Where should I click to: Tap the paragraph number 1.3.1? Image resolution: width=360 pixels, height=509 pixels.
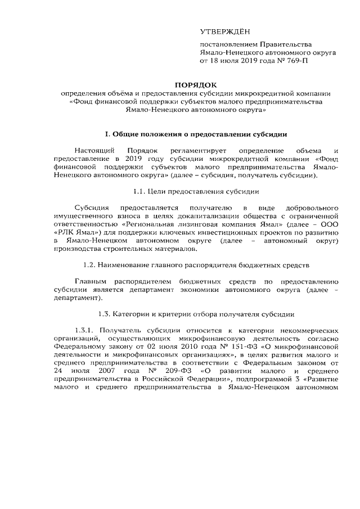click(x=86, y=331)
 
